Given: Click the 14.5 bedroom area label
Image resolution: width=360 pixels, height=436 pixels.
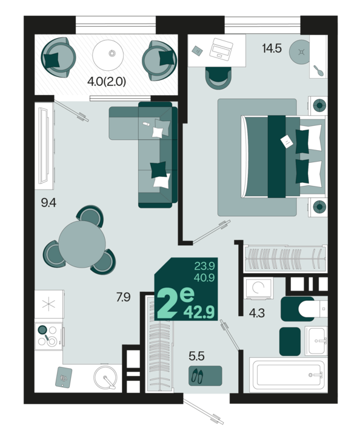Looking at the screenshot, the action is (x=272, y=48).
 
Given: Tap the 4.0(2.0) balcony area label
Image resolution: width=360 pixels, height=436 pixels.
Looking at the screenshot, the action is (x=107, y=82).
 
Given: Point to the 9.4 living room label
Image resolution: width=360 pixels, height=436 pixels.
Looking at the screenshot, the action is (x=48, y=203).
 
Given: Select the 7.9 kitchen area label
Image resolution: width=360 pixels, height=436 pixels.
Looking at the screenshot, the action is (x=123, y=297).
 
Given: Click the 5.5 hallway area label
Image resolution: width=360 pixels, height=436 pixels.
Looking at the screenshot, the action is (x=197, y=356).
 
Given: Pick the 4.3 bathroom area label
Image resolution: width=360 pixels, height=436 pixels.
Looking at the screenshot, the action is (x=257, y=314).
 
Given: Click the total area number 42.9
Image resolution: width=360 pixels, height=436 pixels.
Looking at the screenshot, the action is (x=199, y=312).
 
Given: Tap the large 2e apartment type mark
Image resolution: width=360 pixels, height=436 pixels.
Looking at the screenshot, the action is (x=175, y=303).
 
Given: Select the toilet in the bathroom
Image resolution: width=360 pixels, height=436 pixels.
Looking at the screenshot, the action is (x=312, y=309).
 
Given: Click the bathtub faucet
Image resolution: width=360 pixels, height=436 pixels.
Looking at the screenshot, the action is (x=316, y=375).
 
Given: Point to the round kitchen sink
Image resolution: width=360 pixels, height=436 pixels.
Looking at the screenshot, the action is (x=105, y=377).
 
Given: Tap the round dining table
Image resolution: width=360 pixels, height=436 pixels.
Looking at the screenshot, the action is (x=82, y=244).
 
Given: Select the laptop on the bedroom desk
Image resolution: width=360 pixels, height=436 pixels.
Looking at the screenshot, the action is (x=221, y=50).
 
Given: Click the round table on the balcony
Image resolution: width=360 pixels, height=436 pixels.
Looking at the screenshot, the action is (x=108, y=54).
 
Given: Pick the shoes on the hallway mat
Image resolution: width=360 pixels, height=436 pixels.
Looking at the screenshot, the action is (x=197, y=375).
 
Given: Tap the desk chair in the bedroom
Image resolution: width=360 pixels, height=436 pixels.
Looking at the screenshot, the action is (x=219, y=78).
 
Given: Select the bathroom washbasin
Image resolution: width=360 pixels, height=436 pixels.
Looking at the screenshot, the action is (x=316, y=340).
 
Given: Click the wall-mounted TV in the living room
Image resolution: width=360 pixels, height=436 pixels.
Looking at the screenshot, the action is (x=44, y=145).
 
